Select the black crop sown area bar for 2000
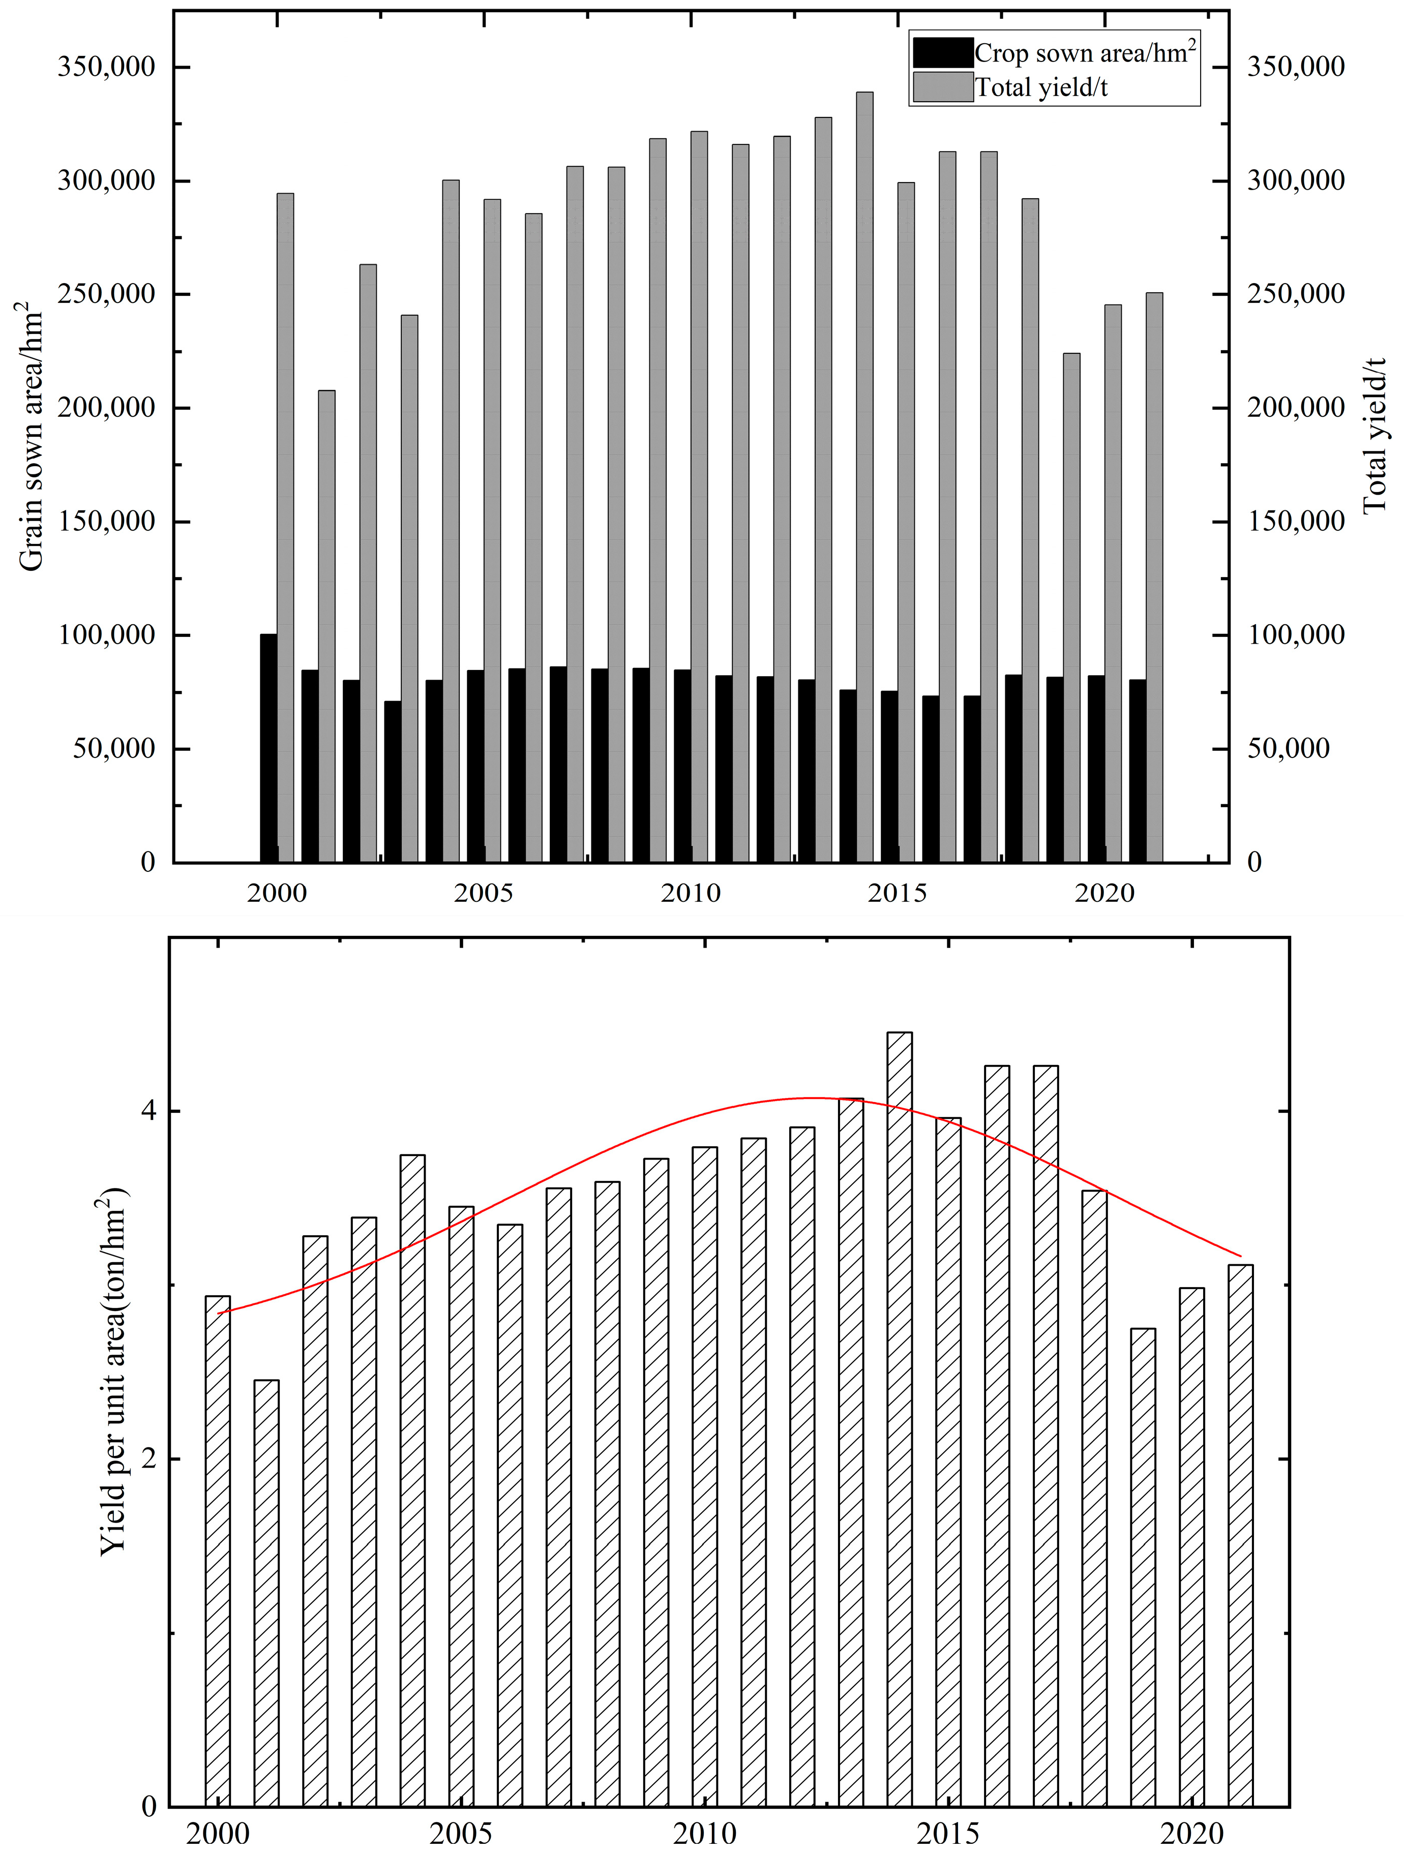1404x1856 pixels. pos(268,747)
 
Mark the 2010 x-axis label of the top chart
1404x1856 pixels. pos(690,893)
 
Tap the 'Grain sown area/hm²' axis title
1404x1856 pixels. pos(32,436)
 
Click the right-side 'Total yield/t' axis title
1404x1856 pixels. pos(1374,436)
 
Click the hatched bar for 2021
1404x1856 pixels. pos(1240,1535)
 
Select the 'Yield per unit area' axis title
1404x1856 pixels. pos(113,1376)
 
